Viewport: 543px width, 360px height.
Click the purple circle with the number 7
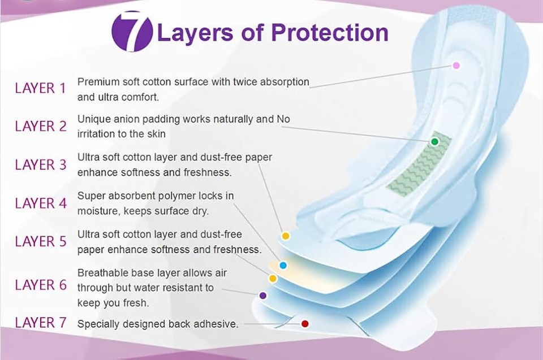[x=132, y=32]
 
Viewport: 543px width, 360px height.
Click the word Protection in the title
[x=330, y=33]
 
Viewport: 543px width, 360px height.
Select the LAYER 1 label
[x=40, y=88]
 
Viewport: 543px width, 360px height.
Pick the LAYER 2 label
[x=41, y=127]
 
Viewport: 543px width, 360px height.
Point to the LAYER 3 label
[x=41, y=165]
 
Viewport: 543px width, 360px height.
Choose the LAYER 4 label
[x=41, y=203]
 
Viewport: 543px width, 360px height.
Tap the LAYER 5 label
[x=41, y=241]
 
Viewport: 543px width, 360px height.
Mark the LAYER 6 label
[x=41, y=285]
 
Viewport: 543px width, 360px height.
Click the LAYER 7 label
[x=41, y=323]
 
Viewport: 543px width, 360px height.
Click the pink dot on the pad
[x=456, y=66]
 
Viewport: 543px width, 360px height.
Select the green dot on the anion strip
[x=435, y=142]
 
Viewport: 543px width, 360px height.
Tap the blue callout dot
[x=283, y=266]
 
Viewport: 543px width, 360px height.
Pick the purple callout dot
[x=263, y=296]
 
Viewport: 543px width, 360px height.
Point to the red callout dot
[x=305, y=324]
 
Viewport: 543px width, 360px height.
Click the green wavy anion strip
[x=419, y=164]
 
